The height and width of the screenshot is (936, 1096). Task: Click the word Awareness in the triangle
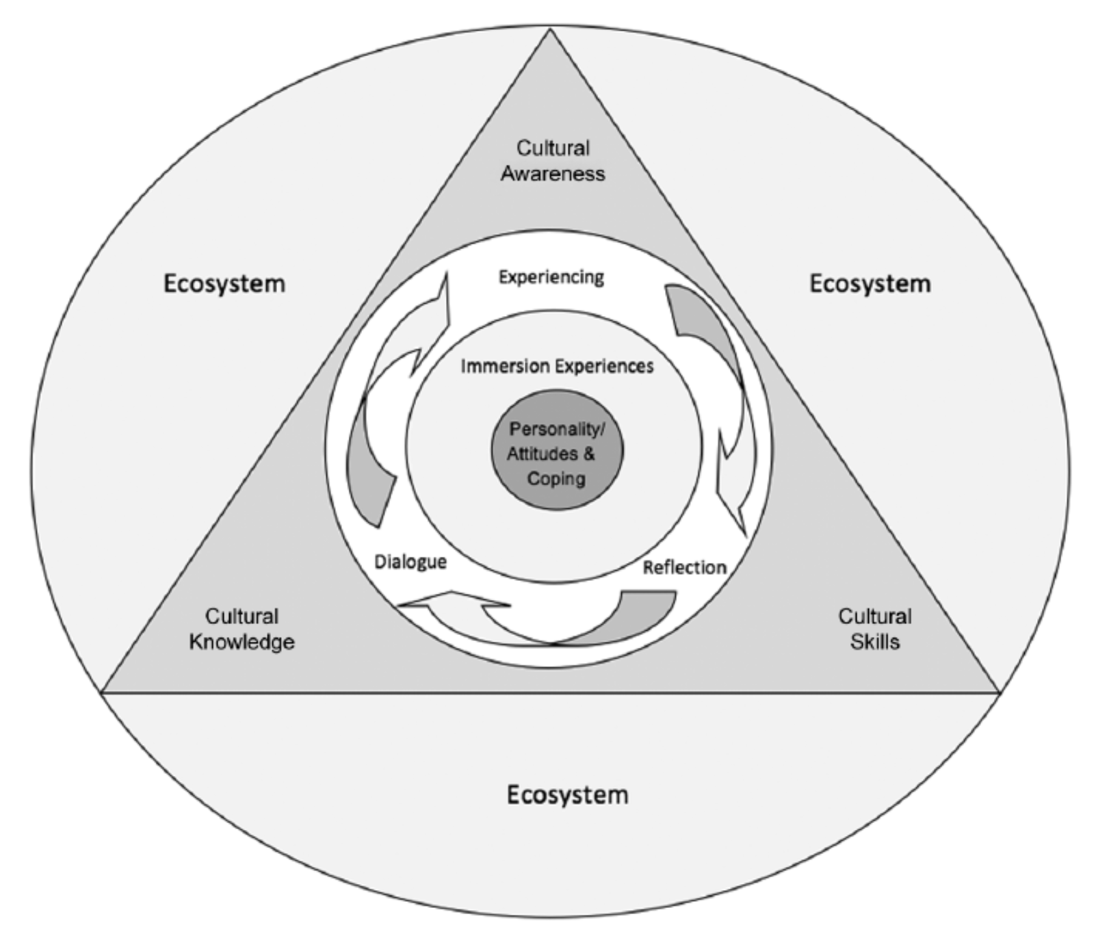pos(553,174)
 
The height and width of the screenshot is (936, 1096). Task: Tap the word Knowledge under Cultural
pos(242,642)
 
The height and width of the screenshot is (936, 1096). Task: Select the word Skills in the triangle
pos(874,642)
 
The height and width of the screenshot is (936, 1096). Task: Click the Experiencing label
pos(551,277)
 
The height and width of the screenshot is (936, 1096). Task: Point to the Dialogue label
pos(410,562)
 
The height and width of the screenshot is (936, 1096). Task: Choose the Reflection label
pos(684,567)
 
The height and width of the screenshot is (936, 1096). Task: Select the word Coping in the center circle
pos(556,478)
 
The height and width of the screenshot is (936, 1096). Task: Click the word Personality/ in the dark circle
pos(557,430)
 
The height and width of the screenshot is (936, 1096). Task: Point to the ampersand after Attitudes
pos(589,454)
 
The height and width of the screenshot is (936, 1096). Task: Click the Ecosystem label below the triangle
pos(567,795)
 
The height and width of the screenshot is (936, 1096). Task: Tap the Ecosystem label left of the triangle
pos(224,284)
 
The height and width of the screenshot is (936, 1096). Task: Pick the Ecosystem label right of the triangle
pos(870,284)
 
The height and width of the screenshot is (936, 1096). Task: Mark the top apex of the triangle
pos(550,30)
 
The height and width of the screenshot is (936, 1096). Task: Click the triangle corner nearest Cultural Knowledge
pos(103,692)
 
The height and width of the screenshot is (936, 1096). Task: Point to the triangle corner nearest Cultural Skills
pos(999,692)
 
